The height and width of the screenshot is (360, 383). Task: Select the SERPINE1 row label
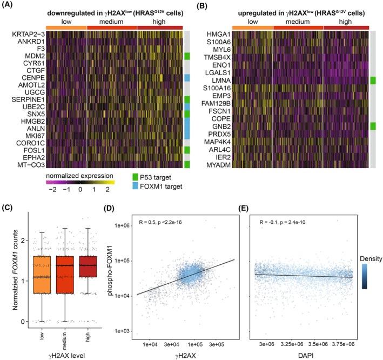[20, 99]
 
